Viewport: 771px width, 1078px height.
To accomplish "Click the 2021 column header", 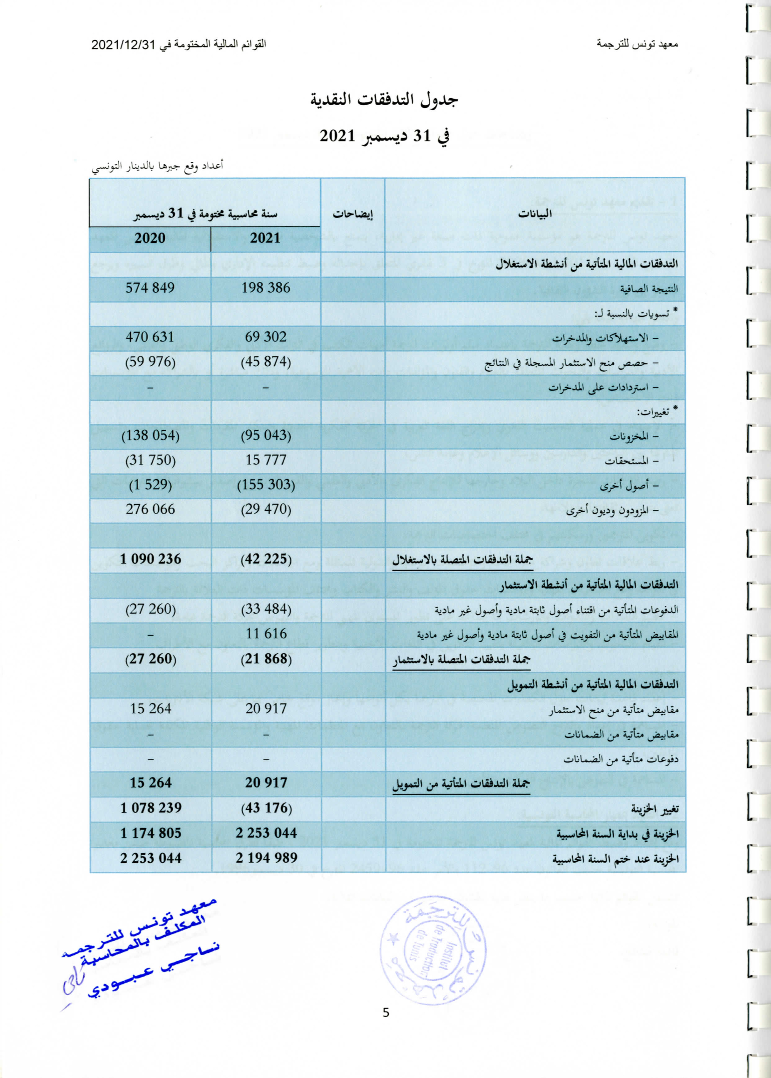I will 265,238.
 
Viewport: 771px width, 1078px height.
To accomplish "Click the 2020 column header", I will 150,238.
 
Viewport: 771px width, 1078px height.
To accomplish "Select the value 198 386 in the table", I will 265,288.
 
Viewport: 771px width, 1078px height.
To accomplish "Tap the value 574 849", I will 150,288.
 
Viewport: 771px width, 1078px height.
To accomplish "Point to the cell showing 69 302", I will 265,337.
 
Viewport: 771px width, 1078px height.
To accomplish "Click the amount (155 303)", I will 266,485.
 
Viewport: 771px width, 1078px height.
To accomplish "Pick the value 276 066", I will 150,509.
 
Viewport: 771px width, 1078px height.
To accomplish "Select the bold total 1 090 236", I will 150,559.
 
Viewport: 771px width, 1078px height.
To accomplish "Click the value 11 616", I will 266,633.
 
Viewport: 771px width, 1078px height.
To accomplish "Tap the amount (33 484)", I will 266,609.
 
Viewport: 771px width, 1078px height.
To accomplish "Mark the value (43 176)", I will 266,808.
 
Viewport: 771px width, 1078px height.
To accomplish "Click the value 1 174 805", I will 150,833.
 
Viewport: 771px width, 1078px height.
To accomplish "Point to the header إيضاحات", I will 352,214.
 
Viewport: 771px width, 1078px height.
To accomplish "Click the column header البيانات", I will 534,214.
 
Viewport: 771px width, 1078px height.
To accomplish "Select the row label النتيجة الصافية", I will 649,288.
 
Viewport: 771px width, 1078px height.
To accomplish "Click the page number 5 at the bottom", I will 385,1013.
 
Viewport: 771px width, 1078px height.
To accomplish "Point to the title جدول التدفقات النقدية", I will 385,100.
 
